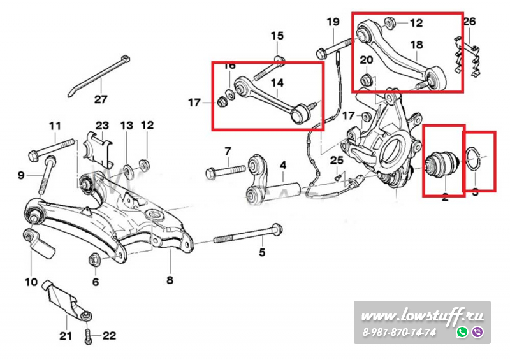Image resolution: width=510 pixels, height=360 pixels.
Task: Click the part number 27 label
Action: click(x=101, y=99)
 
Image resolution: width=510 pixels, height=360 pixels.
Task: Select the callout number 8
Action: click(x=170, y=278)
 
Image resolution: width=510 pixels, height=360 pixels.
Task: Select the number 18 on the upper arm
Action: click(x=416, y=45)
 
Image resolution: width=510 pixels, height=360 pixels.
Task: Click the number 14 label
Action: click(x=276, y=82)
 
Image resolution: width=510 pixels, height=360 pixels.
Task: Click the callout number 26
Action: click(x=470, y=22)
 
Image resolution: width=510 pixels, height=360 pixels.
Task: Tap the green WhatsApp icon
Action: click(x=462, y=332)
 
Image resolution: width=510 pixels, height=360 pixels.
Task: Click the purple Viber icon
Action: click(x=477, y=332)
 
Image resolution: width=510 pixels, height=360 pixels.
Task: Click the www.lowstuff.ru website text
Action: click(x=423, y=315)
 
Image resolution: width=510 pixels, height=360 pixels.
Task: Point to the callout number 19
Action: click(x=333, y=22)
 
